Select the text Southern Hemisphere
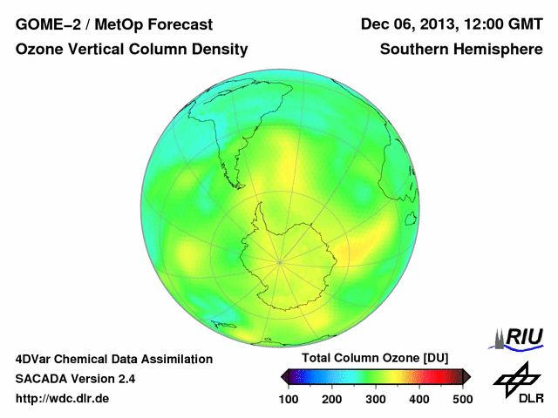pos(461,51)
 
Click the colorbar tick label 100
pos(289,399)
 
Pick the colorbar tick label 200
pos(332,399)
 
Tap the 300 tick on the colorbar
pos(376,399)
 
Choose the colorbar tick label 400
pos(418,399)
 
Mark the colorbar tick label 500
pos(462,399)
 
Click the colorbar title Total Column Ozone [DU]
pos(375,358)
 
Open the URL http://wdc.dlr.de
pos(63,399)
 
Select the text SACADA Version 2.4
pos(75,379)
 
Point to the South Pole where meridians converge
pos(280,260)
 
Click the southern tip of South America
pos(238,185)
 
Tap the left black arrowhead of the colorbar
pos(284,376)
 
